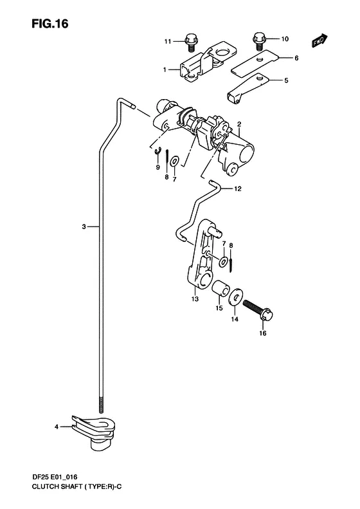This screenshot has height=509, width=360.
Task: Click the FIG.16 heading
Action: click(x=50, y=24)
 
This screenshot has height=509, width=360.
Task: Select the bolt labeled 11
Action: click(x=190, y=42)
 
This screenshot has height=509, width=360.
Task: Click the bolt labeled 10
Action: click(x=259, y=41)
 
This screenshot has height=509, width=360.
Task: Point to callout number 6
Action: click(x=296, y=58)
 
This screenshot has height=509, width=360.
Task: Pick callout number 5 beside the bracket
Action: click(x=286, y=80)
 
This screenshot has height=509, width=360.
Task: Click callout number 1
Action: click(x=165, y=69)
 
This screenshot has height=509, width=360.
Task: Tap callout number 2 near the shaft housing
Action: click(x=239, y=124)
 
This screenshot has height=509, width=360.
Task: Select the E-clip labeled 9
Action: click(x=157, y=151)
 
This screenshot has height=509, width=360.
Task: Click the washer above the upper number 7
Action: click(x=175, y=160)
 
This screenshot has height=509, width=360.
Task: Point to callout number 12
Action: click(x=238, y=189)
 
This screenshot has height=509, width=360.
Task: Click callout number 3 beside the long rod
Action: click(x=84, y=227)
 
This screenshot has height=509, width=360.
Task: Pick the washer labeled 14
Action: click(x=235, y=296)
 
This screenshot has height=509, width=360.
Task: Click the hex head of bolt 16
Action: click(x=267, y=314)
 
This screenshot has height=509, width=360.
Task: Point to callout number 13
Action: click(x=195, y=299)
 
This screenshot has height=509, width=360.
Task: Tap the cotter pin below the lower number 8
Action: click(x=231, y=262)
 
